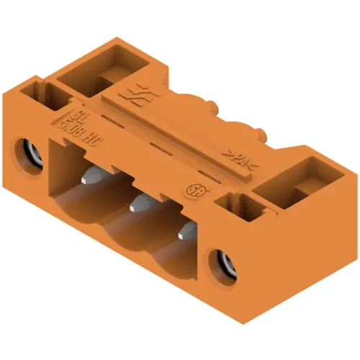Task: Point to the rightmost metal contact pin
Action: [x=184, y=232]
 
